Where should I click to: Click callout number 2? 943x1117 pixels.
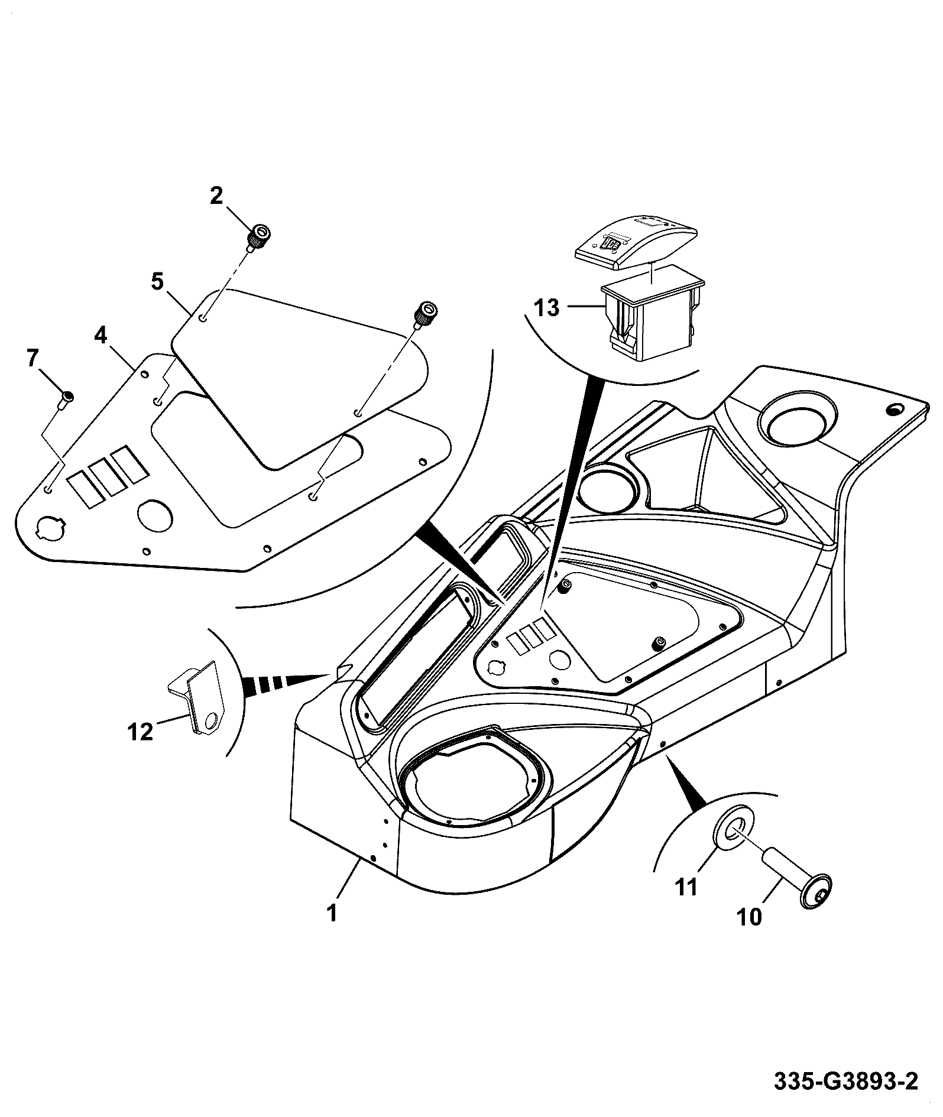click(216, 196)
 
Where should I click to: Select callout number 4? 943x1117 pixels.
click(101, 336)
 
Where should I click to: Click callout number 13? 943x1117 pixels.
click(547, 308)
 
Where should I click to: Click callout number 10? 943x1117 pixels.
click(750, 933)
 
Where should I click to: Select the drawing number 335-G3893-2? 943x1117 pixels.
click(846, 1083)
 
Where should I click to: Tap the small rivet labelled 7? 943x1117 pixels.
click(66, 400)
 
